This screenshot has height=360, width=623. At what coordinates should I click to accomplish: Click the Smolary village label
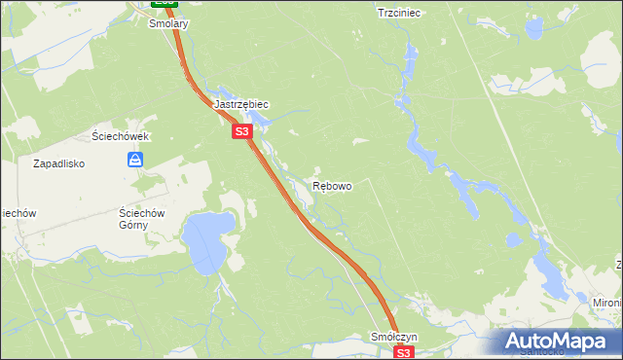tap(167, 24)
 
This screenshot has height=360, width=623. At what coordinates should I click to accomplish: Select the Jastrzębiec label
tap(240, 103)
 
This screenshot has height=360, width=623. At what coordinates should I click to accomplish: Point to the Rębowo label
tap(332, 185)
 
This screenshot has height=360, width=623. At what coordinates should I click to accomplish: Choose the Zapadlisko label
tap(60, 163)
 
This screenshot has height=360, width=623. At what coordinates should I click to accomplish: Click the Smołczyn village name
tap(394, 337)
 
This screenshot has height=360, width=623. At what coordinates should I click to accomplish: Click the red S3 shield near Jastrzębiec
tap(242, 130)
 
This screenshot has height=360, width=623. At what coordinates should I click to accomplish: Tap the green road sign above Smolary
tap(164, 3)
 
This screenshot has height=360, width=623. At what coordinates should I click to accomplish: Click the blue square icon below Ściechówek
tap(136, 159)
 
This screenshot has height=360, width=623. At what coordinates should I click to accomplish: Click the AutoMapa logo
tap(559, 342)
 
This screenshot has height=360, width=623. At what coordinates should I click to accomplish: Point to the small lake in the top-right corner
tap(533, 27)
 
